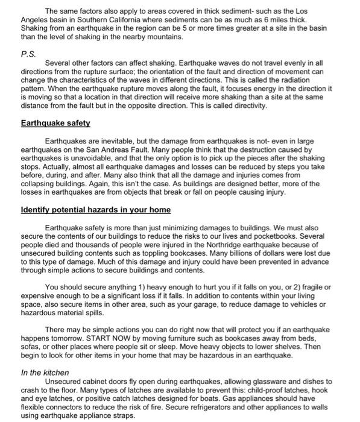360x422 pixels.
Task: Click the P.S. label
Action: click(28, 52)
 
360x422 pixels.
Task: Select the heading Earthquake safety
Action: click(55, 123)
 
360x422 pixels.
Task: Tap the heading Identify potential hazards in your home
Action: click(96, 210)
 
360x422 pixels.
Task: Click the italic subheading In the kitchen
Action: click(45, 373)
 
